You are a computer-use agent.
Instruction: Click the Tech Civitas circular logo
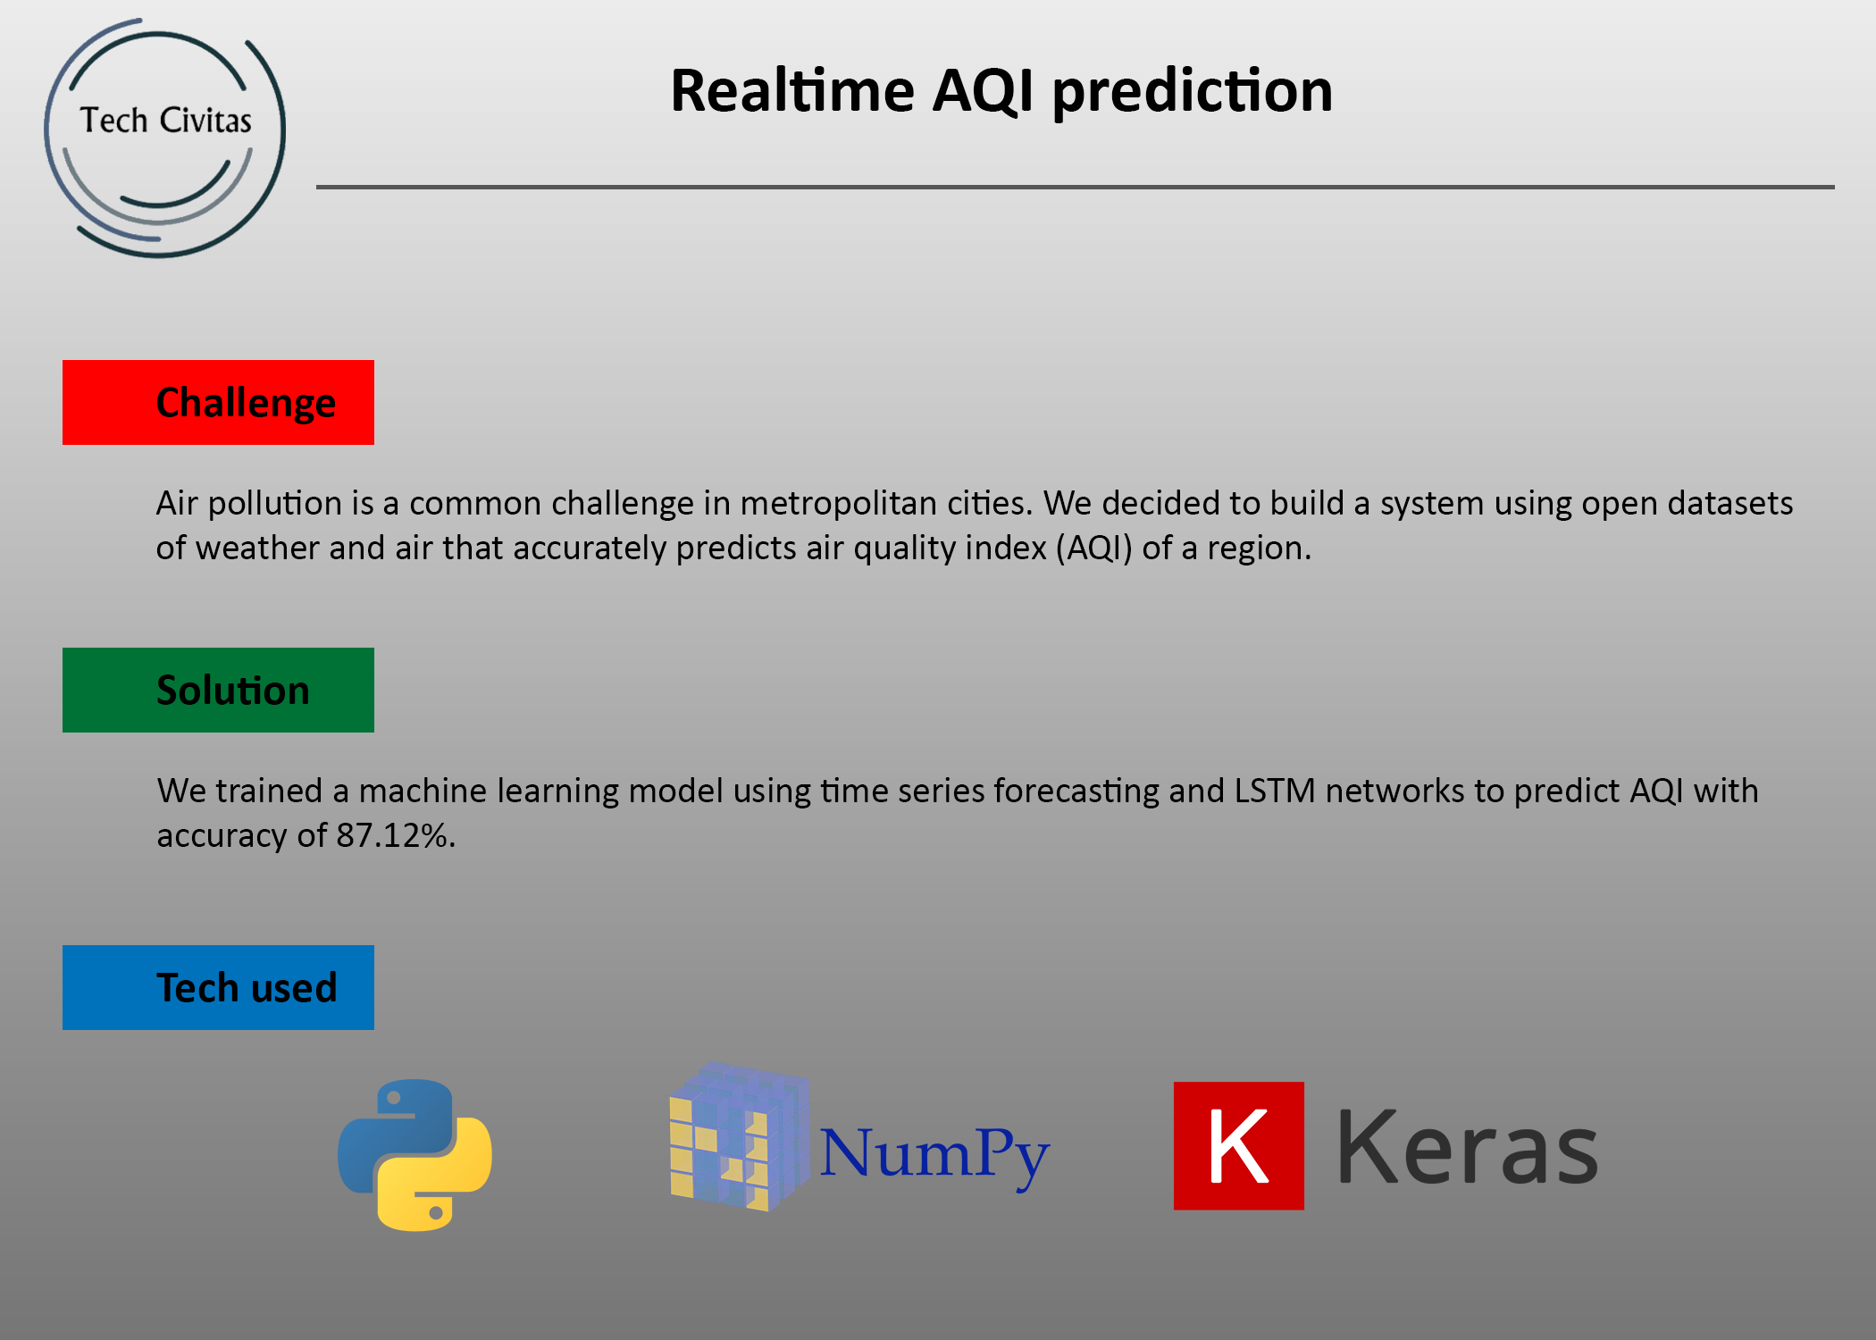165,138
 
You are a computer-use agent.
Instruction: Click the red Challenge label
218,402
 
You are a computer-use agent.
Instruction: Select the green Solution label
218,690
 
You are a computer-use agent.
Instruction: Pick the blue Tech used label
218,987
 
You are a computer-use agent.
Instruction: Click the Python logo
415,1154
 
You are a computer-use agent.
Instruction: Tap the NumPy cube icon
740,1136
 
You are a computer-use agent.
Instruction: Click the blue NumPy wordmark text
934,1154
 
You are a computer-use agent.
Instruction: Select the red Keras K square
1239,1146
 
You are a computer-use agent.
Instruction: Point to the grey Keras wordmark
1467,1147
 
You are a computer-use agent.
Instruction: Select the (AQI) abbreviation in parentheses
1094,549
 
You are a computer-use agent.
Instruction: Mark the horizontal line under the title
1076,187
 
